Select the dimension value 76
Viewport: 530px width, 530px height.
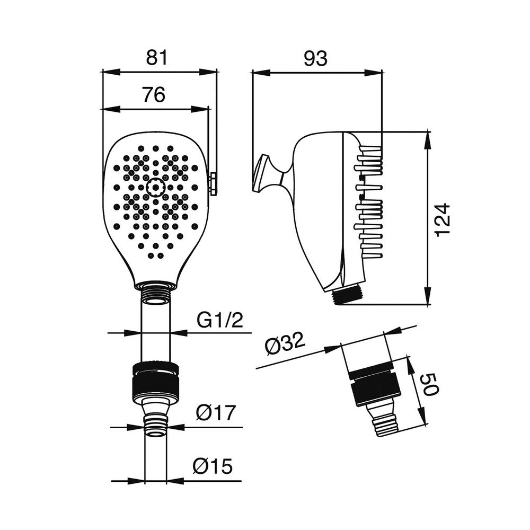[x=154, y=95]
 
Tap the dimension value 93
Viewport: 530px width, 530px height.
[x=316, y=58]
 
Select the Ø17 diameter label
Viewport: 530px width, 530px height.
[x=214, y=412]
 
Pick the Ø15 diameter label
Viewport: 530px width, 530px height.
[x=213, y=466]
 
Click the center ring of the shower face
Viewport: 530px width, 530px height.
[x=155, y=187]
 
